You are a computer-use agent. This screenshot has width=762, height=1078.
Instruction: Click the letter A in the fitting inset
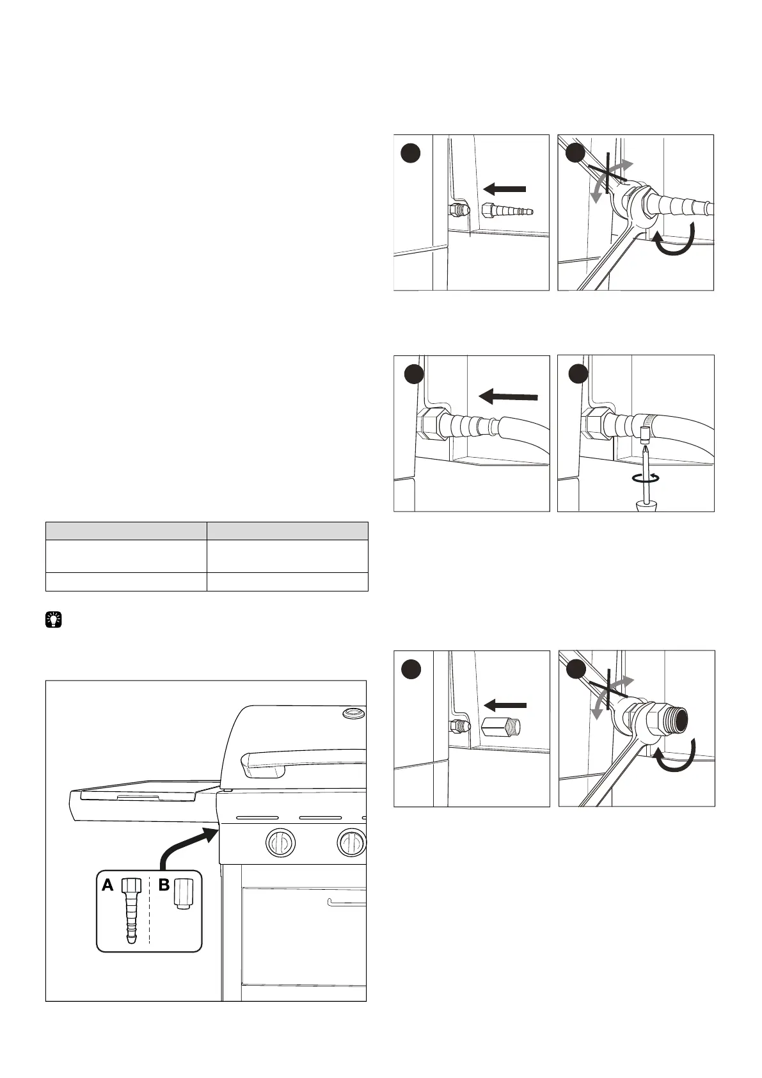(107, 885)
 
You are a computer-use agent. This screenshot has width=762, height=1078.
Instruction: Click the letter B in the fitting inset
(164, 885)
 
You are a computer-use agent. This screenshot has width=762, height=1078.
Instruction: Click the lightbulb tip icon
(54, 620)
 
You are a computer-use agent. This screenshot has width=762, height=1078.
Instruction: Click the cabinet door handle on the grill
(346, 903)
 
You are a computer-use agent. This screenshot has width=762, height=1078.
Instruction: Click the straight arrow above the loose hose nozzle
(505, 189)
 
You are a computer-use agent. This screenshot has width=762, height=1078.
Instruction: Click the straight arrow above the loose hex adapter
(505, 705)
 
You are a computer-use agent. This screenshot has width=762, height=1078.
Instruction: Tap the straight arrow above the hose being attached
(509, 397)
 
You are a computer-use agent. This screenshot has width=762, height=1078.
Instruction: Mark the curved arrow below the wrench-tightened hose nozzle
(673, 245)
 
